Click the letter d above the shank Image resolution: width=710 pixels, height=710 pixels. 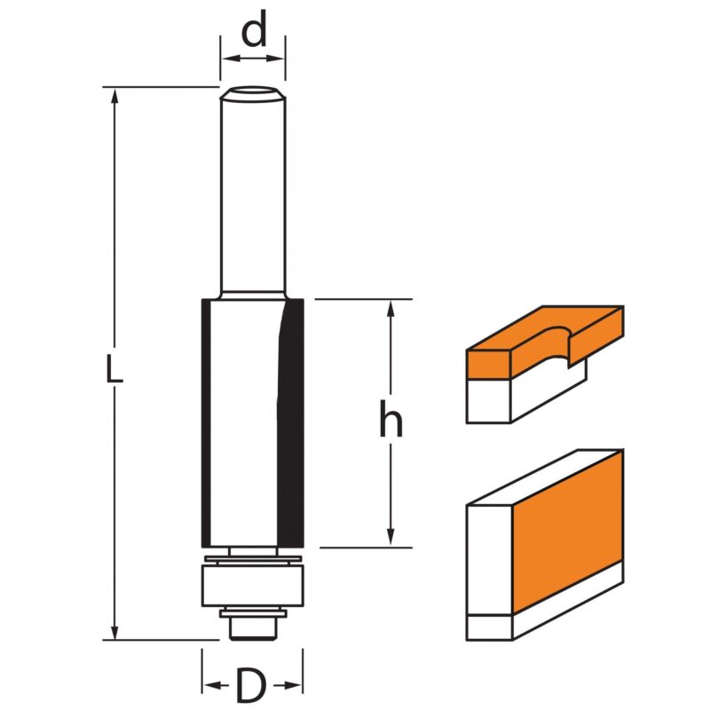pos(254,29)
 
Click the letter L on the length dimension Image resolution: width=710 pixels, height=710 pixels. pos(114,368)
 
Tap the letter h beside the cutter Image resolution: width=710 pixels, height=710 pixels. pos(390,418)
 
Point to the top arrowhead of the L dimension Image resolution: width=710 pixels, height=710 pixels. pos(114,95)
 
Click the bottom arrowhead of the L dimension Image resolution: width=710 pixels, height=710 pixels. pos(114,631)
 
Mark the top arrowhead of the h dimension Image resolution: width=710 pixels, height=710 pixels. pos(391,308)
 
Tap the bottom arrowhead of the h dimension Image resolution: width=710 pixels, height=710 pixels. pos(391,539)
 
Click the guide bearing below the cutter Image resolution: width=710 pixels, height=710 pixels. pos(253,586)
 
